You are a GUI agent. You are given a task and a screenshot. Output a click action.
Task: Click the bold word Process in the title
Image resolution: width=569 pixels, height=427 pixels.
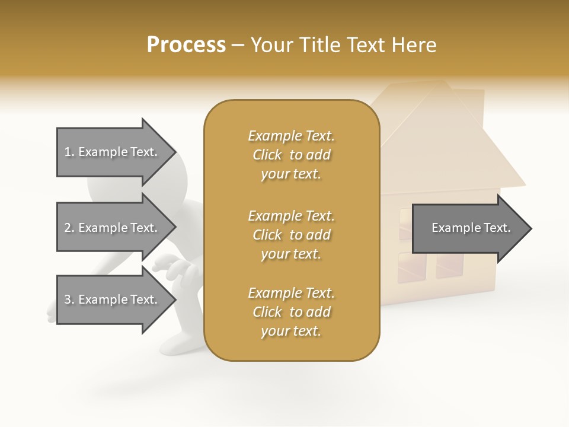(186, 45)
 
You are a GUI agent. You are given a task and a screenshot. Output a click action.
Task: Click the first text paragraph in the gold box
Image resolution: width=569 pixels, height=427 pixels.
(291, 155)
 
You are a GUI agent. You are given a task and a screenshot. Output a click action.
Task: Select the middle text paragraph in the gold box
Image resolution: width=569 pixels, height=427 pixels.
(291, 235)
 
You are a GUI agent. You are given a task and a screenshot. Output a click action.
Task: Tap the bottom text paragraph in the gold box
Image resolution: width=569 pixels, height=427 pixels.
(291, 312)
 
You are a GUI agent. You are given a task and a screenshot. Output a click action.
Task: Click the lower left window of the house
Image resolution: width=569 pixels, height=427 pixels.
(412, 266)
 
